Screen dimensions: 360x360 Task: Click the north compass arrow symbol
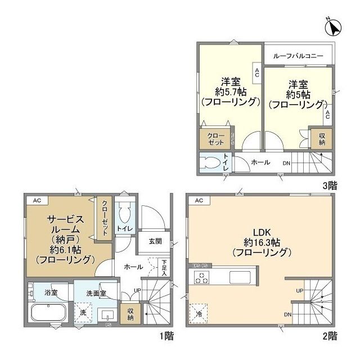click(x=332, y=26)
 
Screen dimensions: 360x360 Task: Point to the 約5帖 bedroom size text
click(x=296, y=94)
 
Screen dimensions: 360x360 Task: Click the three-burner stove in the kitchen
click(x=202, y=277)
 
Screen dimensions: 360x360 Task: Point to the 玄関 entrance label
click(x=155, y=241)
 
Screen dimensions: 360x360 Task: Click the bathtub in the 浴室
click(x=48, y=313)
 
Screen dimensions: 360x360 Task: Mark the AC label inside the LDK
click(x=198, y=200)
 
